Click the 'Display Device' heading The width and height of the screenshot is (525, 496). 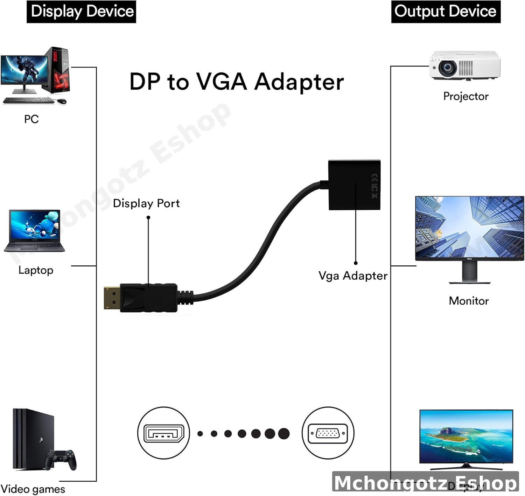82,11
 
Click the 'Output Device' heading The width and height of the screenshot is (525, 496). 445,11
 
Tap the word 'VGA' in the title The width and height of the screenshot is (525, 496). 221,82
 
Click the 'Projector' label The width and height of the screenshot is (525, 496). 465,96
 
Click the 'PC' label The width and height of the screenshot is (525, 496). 31,119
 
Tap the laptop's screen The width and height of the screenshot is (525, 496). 34,225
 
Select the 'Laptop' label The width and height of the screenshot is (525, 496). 36,270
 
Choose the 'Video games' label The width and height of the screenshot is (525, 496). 33,489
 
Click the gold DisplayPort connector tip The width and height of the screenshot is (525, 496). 112,298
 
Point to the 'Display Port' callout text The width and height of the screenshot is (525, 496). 146,203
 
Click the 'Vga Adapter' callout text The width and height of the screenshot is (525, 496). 353,276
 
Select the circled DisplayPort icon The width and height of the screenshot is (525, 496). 163,433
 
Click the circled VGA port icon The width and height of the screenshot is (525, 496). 328,433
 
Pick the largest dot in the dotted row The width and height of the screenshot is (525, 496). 284,433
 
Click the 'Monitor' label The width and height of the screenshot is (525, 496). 469,301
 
